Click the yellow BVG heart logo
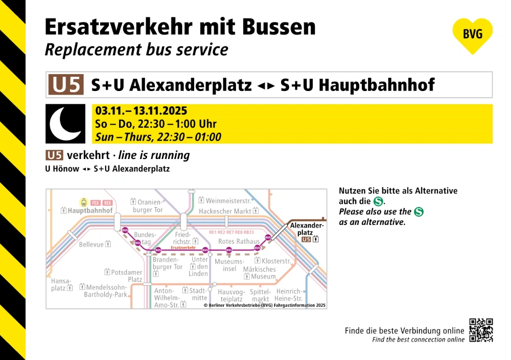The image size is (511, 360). (x=472, y=35)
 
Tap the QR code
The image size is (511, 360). (x=481, y=330)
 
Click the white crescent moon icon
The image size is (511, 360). (x=65, y=124)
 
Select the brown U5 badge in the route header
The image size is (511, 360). (x=65, y=84)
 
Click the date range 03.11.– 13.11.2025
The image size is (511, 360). (x=141, y=111)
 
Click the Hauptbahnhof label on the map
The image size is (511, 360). (x=90, y=211)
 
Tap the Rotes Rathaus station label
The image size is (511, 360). (x=239, y=241)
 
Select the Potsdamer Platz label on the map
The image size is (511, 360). (x=127, y=276)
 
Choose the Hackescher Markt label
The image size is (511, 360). (x=225, y=211)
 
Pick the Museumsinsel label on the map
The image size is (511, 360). (x=226, y=265)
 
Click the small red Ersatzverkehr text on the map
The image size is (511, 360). (x=184, y=247)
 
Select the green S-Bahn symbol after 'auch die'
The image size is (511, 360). (x=378, y=201)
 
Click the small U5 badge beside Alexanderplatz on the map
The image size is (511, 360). (x=306, y=239)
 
